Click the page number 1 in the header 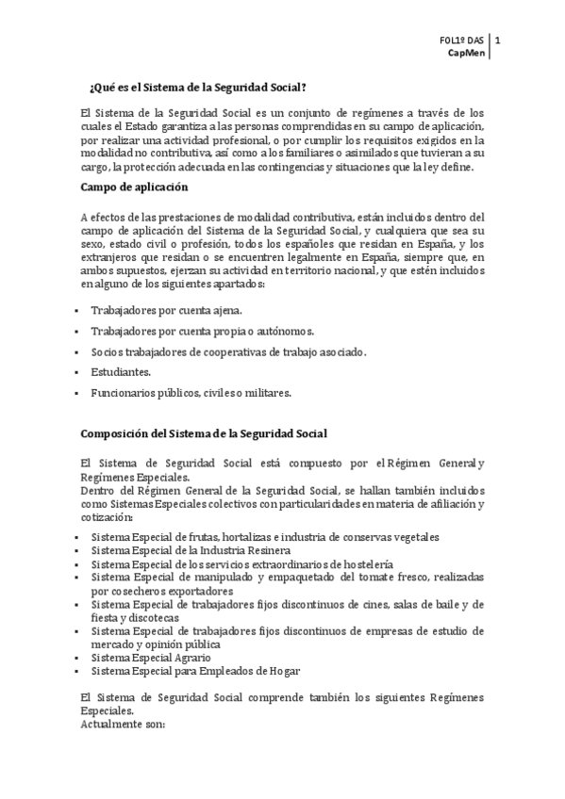(497, 41)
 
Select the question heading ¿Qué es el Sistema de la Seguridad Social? (197, 88)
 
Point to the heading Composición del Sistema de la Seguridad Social (204, 433)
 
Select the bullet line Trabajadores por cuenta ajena (166, 309)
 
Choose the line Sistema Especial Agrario (150, 657)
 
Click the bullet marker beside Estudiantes (75, 372)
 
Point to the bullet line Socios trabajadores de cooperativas (228, 351)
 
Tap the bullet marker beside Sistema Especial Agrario (75, 657)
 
